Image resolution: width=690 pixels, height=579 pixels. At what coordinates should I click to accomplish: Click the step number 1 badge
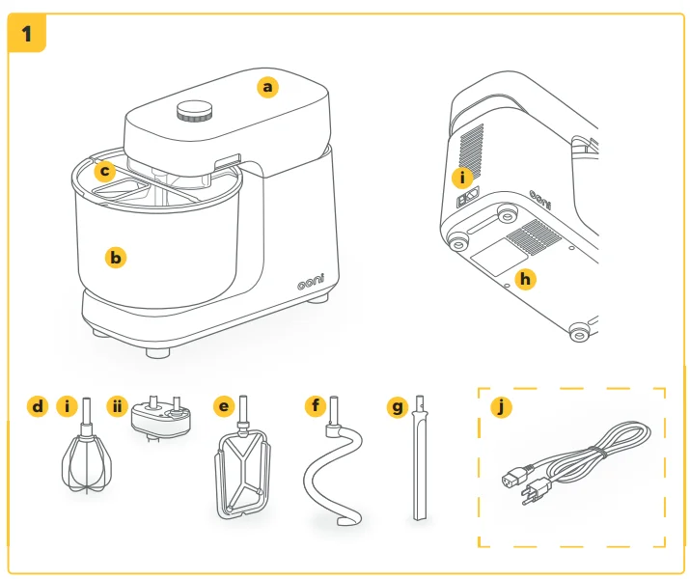26,33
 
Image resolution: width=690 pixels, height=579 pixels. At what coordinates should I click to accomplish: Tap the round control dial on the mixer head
196,112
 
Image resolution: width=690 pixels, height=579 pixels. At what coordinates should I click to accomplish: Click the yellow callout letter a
268,87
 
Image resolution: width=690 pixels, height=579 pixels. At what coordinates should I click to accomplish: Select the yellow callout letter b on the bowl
116,257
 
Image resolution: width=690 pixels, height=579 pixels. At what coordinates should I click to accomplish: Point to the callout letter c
106,172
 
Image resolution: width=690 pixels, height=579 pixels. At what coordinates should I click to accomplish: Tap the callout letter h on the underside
525,279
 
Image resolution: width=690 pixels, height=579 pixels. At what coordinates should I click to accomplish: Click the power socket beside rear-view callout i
468,200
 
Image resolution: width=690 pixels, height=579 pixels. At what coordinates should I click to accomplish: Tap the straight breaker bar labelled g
419,463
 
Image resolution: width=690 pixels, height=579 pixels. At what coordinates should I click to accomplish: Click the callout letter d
38,406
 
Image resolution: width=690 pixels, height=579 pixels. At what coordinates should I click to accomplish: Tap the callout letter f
315,406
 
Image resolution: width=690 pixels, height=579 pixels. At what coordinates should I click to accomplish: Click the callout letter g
397,406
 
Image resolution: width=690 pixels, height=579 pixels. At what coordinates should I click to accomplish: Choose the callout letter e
224,406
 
